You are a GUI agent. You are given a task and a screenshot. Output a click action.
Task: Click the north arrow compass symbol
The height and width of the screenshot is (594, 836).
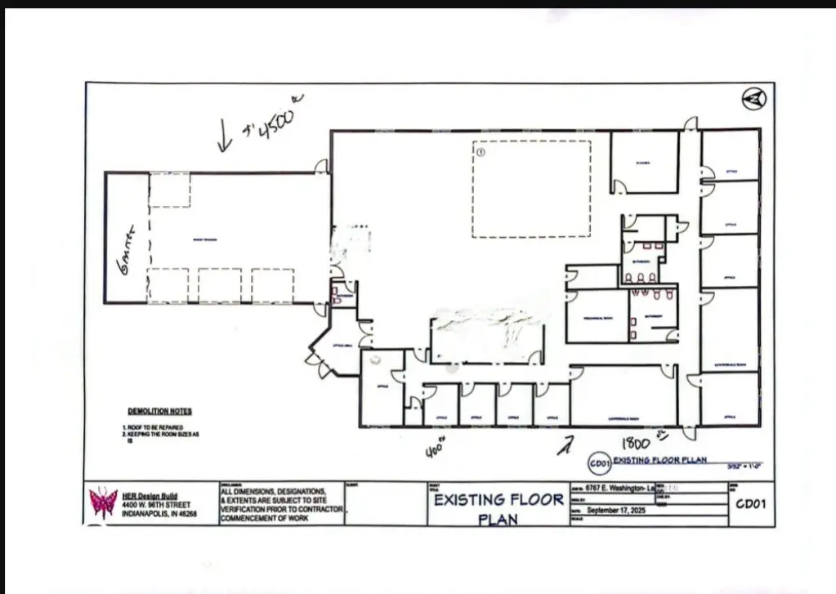pos(753,99)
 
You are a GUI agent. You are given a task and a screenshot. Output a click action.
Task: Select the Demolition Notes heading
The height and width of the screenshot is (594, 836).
pos(159,411)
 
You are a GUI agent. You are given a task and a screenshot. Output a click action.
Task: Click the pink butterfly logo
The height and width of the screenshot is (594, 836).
pos(103,502)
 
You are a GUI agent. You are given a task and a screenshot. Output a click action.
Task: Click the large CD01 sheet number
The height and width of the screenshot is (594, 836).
pos(749,504)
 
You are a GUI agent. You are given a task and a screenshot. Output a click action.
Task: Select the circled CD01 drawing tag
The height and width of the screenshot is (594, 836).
pos(600,464)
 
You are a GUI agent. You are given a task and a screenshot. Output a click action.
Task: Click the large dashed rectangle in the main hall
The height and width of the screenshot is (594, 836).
pos(531,189)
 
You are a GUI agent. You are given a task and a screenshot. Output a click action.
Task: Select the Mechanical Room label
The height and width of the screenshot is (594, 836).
pos(597,317)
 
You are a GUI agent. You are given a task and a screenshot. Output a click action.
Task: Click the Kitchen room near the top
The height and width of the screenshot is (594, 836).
pos(644,163)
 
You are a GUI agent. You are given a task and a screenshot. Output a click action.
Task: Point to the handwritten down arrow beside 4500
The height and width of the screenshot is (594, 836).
pos(224,135)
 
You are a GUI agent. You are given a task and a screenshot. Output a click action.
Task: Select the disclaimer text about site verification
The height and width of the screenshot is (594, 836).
pos(281,502)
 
